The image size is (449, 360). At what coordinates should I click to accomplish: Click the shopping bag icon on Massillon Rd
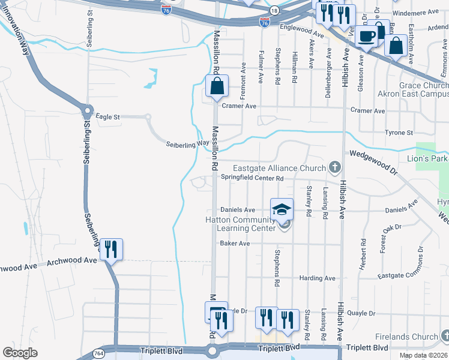[217, 86]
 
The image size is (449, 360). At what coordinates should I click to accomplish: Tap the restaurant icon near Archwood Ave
[111, 249]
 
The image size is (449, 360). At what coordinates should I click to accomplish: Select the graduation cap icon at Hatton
[282, 209]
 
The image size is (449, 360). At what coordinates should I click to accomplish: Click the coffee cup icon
[366, 35]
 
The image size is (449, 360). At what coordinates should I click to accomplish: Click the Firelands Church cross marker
[444, 337]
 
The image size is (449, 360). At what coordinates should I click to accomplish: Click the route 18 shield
[274, 11]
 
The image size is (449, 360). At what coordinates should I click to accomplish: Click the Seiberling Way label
[187, 145]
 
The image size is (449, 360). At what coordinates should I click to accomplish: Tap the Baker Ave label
[235, 244]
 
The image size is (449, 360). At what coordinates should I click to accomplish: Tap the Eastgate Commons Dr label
[408, 274]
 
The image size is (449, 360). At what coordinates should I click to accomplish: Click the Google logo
[20, 353]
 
